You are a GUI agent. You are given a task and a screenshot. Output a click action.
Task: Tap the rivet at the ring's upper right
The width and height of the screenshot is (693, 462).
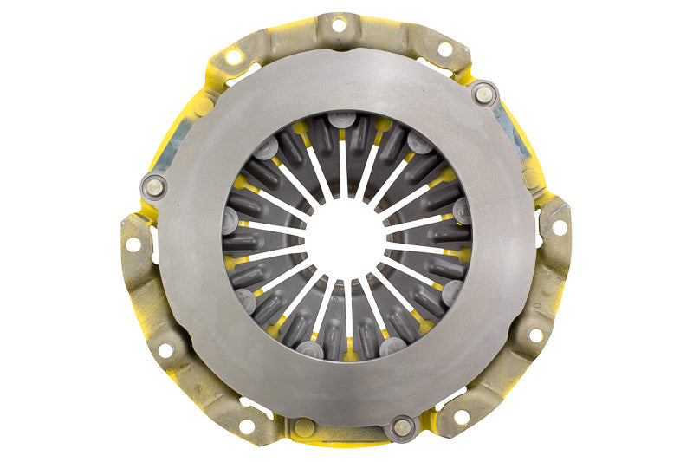[x=484, y=94]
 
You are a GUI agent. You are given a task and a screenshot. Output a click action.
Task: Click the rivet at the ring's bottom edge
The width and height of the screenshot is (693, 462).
[x=402, y=426]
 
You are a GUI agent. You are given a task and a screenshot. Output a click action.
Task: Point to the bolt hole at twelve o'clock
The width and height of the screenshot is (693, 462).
[x=337, y=25]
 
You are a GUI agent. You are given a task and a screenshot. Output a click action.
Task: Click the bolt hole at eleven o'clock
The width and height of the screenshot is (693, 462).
[x=233, y=56]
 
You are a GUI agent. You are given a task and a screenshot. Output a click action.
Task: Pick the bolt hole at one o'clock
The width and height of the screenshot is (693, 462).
[x=444, y=49]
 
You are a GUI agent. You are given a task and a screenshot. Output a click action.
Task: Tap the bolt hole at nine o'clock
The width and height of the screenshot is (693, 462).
[x=133, y=244]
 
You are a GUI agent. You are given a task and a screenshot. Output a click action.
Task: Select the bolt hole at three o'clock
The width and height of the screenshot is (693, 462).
[x=559, y=227]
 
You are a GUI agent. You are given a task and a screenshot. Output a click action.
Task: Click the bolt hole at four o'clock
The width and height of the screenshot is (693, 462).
[x=535, y=334]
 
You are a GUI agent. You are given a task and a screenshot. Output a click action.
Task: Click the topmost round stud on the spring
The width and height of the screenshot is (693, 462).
[x=343, y=119]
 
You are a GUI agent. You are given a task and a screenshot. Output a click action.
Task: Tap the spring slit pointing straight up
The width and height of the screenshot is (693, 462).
[x=344, y=165]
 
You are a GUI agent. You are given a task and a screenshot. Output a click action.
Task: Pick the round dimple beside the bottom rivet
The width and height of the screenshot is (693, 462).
[x=302, y=426]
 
